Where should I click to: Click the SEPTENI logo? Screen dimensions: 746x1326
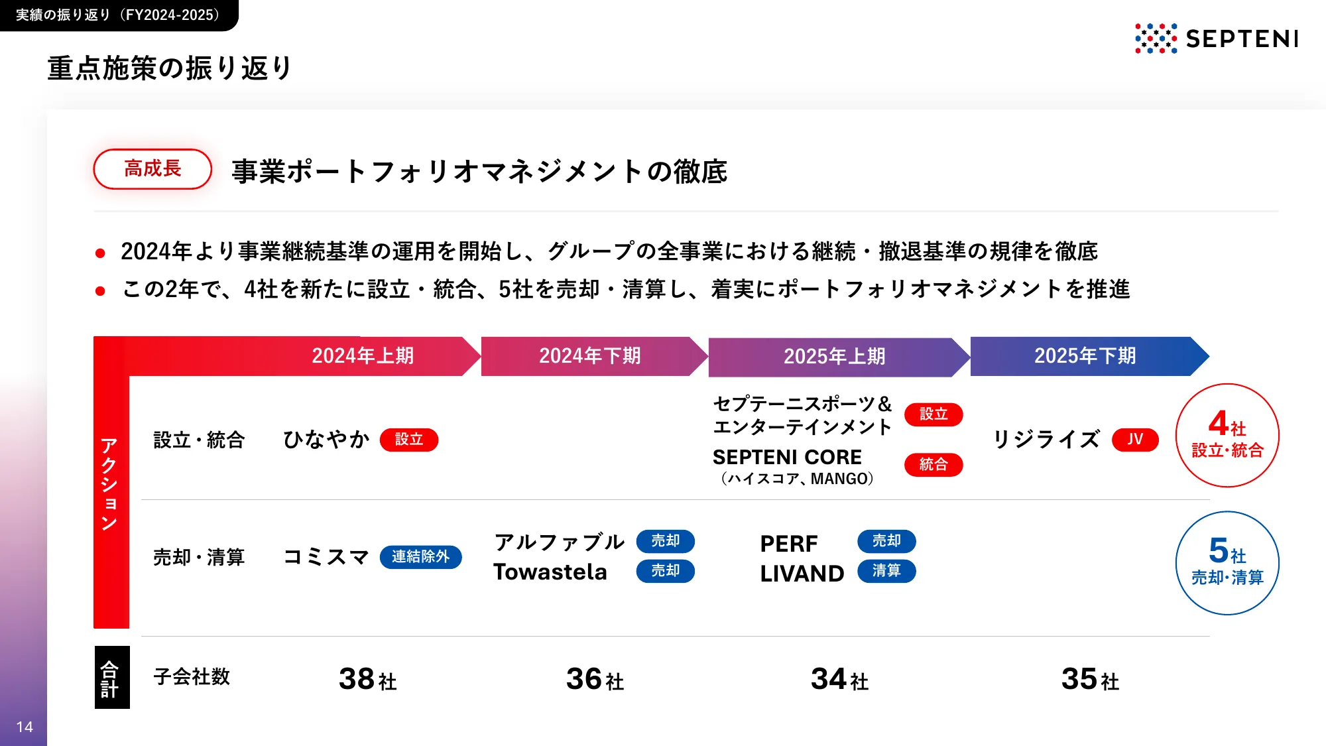[x=1217, y=38]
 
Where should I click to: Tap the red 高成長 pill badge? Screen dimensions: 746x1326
[x=152, y=169]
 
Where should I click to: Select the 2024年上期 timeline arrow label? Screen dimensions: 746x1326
[x=363, y=356]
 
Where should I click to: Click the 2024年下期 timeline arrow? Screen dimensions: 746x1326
[x=590, y=356]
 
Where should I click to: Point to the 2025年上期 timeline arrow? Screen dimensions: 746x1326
[x=835, y=357]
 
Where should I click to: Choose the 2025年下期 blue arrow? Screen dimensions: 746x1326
[x=1085, y=356]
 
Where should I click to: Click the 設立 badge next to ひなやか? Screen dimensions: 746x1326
[x=409, y=440]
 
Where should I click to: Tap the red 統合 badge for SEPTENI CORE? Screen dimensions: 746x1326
[x=934, y=465]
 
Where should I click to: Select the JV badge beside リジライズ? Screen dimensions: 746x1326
[x=1135, y=440]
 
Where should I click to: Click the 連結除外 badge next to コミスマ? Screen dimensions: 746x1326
[x=420, y=557]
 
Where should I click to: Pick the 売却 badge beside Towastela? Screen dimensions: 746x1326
[x=665, y=571]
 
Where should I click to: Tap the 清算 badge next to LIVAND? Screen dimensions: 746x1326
[x=886, y=571]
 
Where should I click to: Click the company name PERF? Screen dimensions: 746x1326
[x=789, y=544]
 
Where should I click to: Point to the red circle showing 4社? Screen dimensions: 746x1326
[x=1227, y=436]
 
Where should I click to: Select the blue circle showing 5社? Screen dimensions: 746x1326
[x=1227, y=563]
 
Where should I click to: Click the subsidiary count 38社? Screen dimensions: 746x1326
[x=367, y=679]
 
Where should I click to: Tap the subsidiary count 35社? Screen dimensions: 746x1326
[x=1090, y=679]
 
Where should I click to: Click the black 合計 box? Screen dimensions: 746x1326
[x=111, y=678]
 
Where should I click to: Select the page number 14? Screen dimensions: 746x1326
[x=25, y=727]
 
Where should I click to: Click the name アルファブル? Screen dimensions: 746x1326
[x=559, y=542]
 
